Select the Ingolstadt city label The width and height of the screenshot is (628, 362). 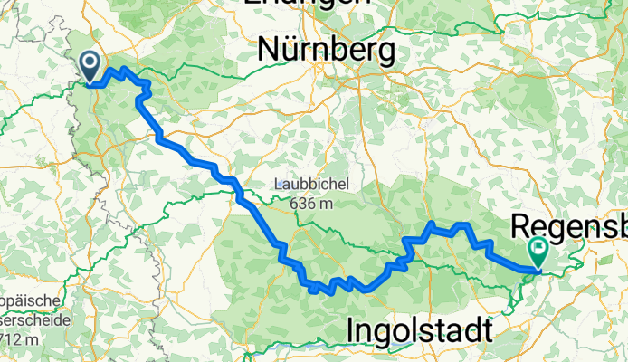pos(420,332)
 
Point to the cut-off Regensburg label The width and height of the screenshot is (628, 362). pos(569,224)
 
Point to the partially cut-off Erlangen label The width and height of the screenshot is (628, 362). pos(308,3)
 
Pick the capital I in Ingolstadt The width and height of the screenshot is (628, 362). pos(351,332)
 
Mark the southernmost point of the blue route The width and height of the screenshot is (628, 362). pos(313,291)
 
